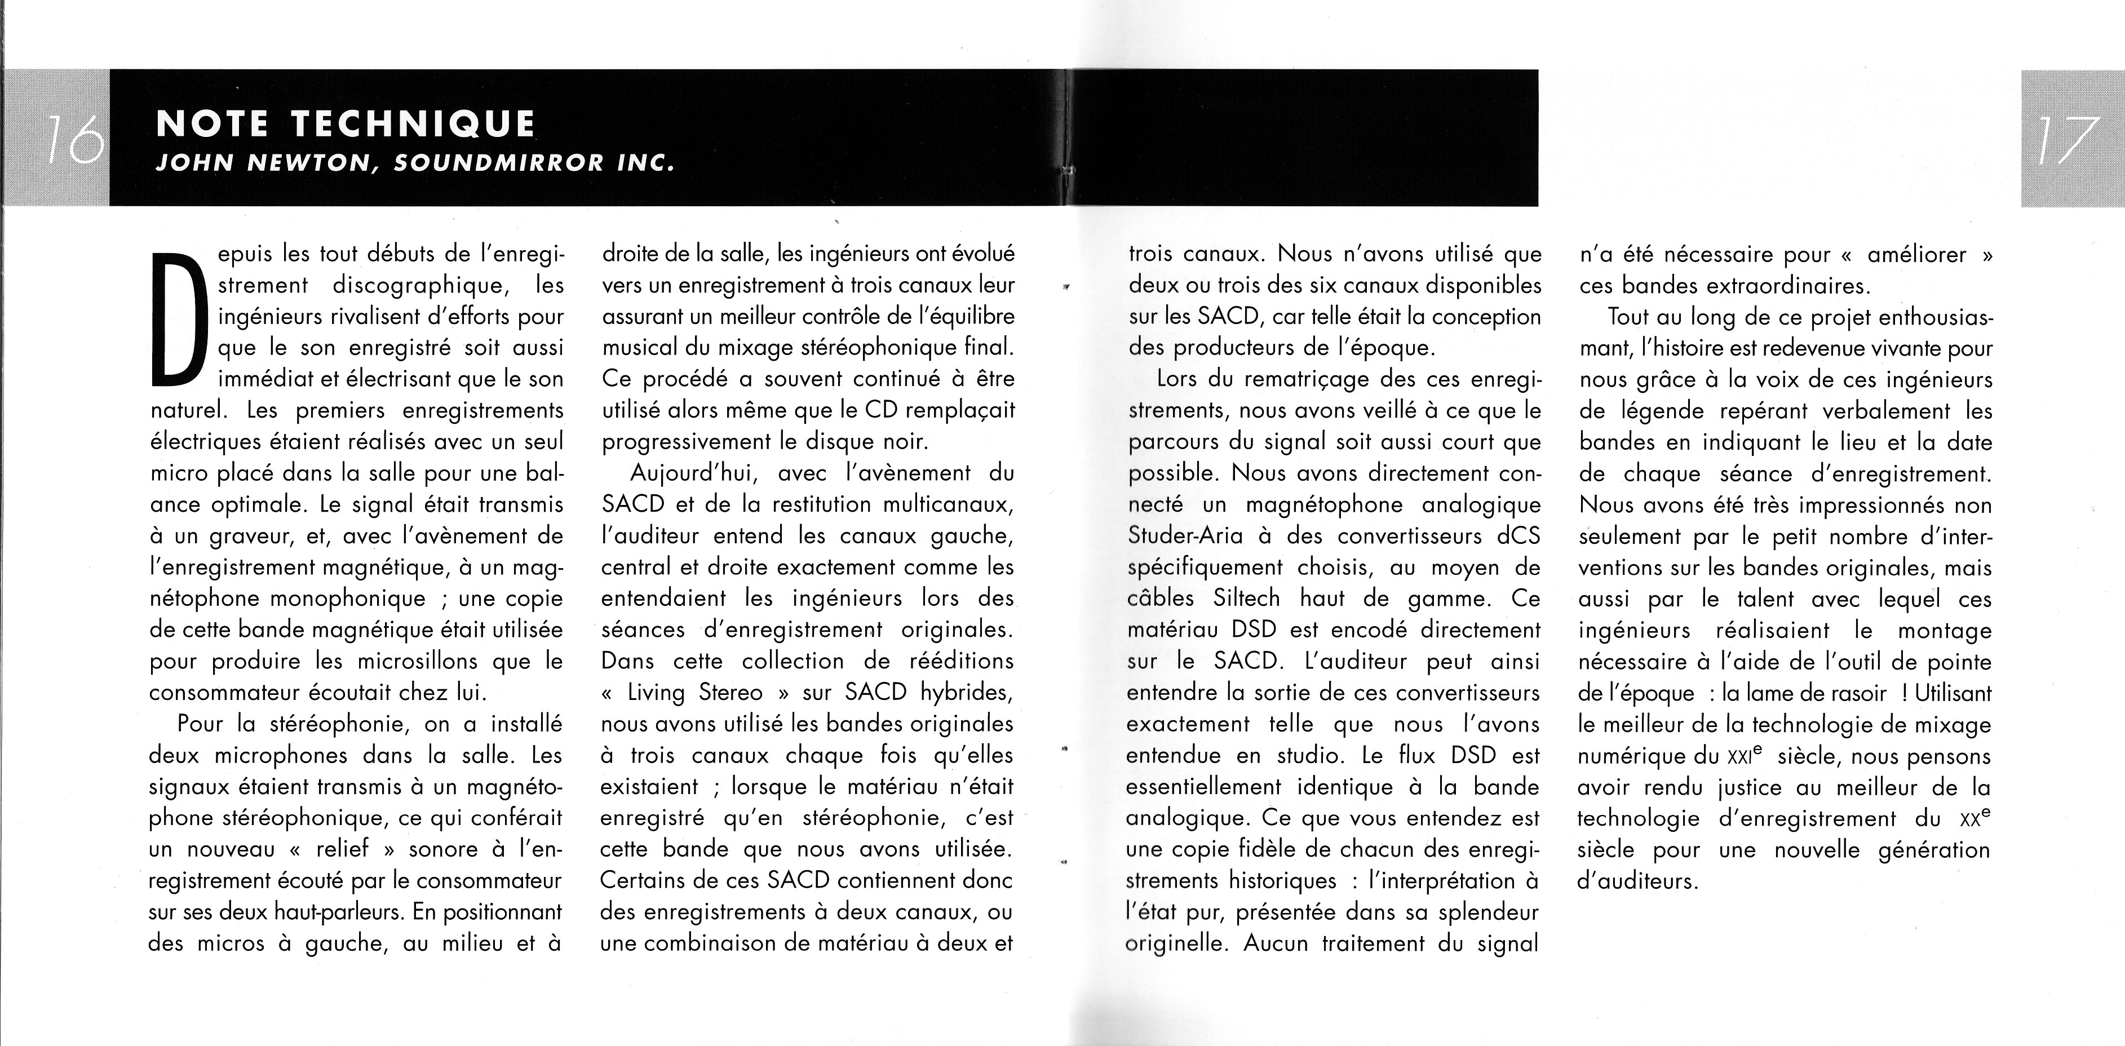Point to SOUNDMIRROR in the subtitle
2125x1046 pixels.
pos(499,162)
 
